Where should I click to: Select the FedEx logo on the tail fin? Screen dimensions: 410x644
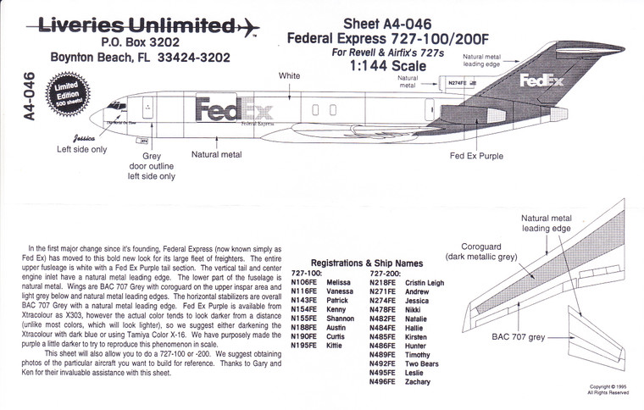click(x=541, y=81)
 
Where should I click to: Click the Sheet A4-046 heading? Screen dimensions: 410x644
click(x=380, y=23)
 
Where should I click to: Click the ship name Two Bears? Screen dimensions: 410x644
click(x=421, y=363)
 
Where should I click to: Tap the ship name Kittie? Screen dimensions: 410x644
click(x=336, y=346)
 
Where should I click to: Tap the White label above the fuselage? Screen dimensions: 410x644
click(x=290, y=76)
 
